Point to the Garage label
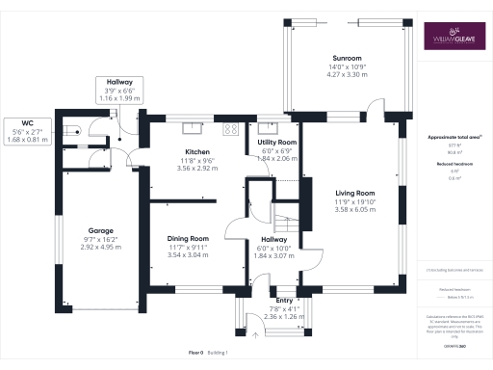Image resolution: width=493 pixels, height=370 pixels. click(x=102, y=231)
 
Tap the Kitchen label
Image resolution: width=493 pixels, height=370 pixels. click(x=198, y=152)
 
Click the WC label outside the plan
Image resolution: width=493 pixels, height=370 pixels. click(x=28, y=123)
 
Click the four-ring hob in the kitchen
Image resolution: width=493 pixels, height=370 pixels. click(x=232, y=128)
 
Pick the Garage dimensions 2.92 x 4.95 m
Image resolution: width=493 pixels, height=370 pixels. click(x=102, y=247)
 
